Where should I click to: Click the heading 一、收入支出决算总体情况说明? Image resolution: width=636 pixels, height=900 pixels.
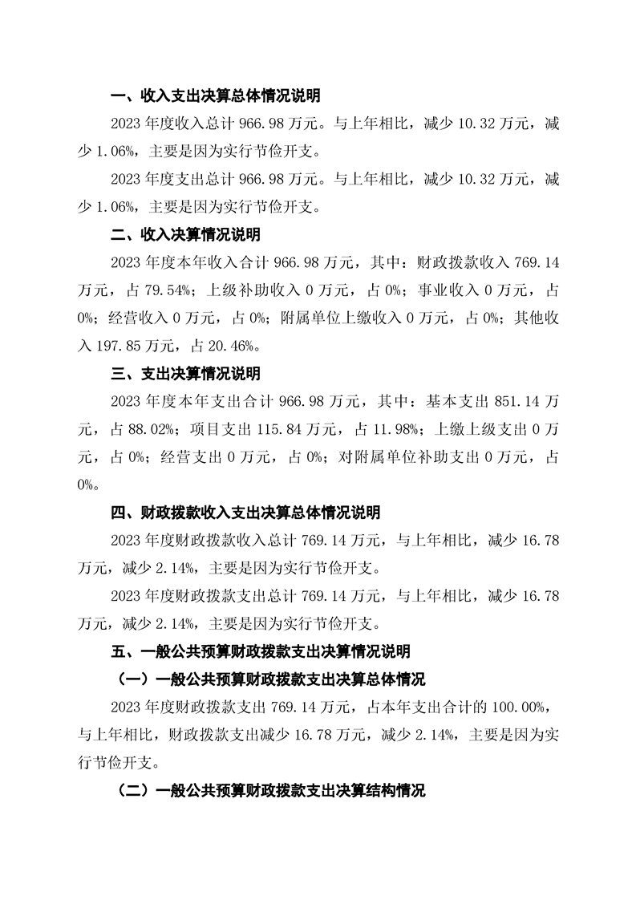click(x=215, y=96)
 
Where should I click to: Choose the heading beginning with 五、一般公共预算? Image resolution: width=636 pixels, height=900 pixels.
click(x=259, y=651)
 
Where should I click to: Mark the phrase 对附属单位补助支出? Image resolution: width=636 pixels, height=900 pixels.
click(x=418, y=457)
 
